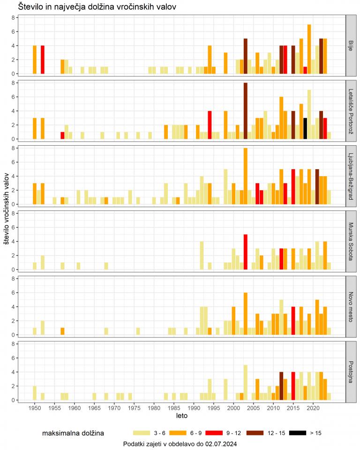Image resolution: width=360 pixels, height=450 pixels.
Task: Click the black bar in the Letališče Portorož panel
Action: pos(305,128)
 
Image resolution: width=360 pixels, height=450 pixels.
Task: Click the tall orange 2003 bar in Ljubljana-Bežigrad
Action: pos(245,176)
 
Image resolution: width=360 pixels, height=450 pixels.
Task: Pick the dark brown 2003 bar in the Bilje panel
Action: pos(245,56)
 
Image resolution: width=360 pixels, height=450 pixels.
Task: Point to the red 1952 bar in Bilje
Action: pos(43,60)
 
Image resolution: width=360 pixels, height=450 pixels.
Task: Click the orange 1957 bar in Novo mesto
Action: pos(62,331)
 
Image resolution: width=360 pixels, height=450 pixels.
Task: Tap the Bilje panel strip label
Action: pos(351,45)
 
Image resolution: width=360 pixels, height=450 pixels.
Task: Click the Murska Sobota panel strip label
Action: pos(351,241)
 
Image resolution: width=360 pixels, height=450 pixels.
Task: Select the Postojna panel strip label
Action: pos(351,372)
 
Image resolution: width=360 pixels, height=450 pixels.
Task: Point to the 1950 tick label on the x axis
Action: pos(35,409)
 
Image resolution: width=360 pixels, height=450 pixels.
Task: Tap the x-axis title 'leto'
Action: pos(182,416)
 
